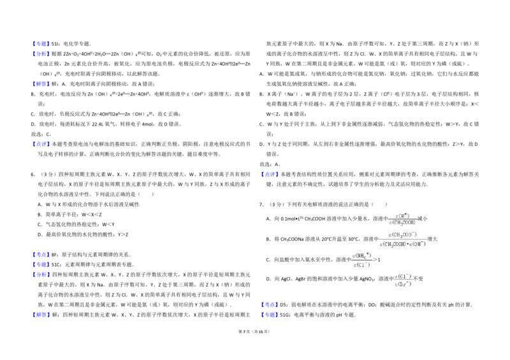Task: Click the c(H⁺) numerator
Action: click(402, 215)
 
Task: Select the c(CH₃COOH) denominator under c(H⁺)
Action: click(402, 223)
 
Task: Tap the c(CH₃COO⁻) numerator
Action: click(402, 235)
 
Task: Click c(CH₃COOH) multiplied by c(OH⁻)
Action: click(403, 244)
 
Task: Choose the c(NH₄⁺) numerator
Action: click(361, 256)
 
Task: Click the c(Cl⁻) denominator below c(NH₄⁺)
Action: click(361, 264)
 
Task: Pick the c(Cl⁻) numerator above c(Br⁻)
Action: click(402, 276)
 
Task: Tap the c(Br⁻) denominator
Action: click(402, 285)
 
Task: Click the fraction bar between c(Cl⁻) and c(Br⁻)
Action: click(402, 280)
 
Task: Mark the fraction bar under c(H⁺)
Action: click(402, 219)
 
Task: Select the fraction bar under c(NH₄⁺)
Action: click(361, 260)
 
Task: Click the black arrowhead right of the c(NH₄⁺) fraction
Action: click(375, 260)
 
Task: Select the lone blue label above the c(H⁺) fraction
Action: click(270, 174)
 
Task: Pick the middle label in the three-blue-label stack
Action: click(41, 264)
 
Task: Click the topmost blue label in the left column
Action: click(41, 45)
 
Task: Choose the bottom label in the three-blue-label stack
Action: click(41, 275)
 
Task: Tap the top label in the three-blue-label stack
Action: click(41, 255)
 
